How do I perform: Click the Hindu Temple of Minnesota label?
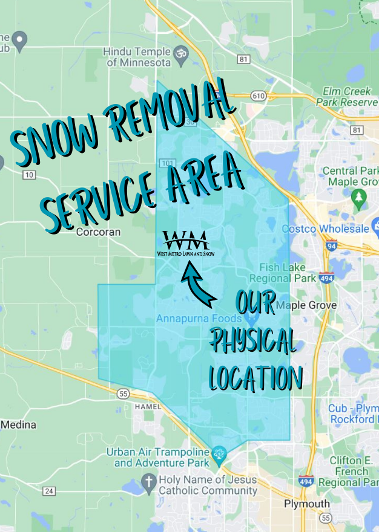click(137, 56)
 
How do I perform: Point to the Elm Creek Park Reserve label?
click(346, 97)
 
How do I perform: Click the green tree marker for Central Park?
click(359, 196)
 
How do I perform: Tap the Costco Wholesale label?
click(325, 229)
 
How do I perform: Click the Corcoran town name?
click(99, 232)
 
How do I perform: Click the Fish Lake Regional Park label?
click(288, 273)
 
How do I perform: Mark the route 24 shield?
click(49, 490)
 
